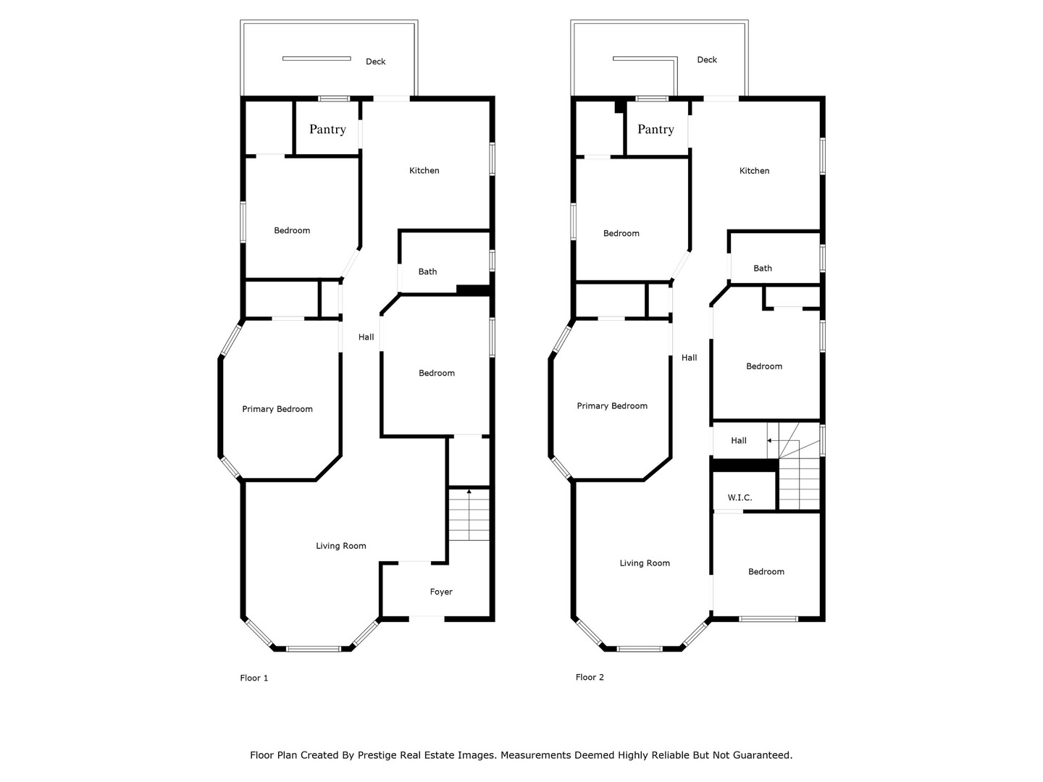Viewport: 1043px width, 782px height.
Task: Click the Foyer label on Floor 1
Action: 441,592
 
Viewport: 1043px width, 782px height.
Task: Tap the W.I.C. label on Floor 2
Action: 740,497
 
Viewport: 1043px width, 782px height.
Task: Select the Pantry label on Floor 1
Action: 327,129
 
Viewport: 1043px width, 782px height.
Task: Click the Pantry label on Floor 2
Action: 655,129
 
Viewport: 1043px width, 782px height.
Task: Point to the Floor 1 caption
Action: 254,678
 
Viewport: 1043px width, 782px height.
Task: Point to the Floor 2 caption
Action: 590,677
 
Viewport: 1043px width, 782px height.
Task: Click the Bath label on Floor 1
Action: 427,272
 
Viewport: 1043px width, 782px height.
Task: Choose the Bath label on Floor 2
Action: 763,268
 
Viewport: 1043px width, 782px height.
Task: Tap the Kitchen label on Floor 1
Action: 424,170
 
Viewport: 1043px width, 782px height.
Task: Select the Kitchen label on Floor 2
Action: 754,170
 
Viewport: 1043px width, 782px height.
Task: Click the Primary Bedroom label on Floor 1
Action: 277,409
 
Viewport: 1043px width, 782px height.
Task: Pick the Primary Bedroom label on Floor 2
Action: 612,405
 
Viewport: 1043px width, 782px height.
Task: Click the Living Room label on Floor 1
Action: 341,546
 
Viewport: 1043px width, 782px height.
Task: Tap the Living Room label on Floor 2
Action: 645,563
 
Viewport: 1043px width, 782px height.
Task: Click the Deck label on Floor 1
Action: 375,62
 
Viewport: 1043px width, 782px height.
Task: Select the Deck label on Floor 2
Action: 707,59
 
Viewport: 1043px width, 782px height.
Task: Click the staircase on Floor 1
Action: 469,515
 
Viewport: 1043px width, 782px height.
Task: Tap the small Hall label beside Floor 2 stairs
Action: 739,440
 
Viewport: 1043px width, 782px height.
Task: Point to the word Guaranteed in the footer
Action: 762,755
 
